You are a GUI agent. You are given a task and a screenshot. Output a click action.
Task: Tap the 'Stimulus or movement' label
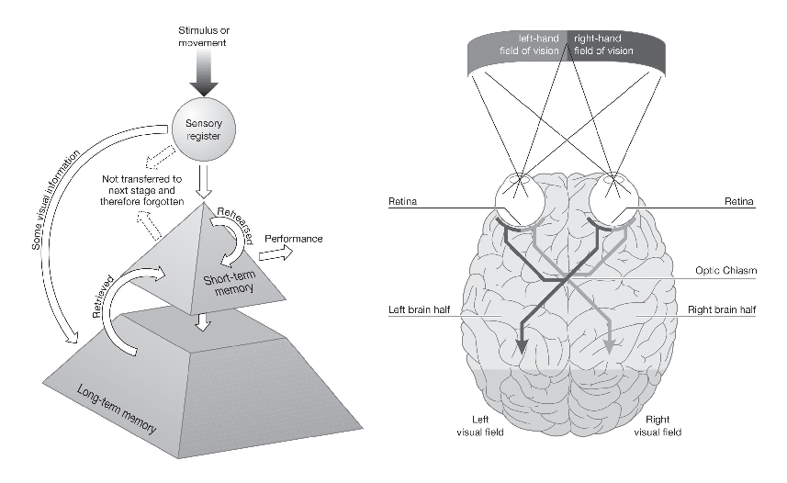pos(203,36)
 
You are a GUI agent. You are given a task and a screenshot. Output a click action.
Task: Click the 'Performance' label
pos(293,239)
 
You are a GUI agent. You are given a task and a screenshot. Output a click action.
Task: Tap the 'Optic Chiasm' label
pos(724,271)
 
